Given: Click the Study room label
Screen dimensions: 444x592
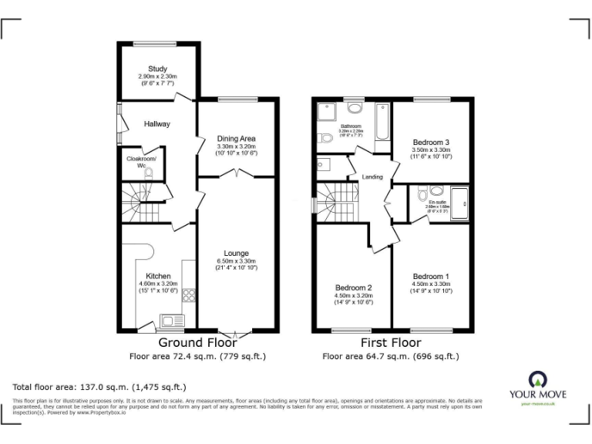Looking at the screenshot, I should coord(157,69).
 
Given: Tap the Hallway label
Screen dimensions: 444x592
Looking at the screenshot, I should coord(157,123).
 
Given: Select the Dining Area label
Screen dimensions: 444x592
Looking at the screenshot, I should coord(236,138).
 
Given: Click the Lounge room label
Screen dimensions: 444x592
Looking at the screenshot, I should coord(236,253).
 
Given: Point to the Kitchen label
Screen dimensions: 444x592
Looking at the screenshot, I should coord(158,275).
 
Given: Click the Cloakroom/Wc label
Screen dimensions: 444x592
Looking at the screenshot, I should coord(141,162).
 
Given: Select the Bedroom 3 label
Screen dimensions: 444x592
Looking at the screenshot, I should coord(431,142).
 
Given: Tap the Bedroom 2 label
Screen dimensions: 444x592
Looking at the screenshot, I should coord(353,288).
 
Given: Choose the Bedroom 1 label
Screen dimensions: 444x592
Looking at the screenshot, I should coord(431,276).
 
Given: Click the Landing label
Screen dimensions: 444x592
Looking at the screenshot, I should coord(372,177).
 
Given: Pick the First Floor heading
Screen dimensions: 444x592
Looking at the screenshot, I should coord(390,342).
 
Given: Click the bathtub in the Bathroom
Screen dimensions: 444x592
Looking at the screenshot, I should coord(382,128).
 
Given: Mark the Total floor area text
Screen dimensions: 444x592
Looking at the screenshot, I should coord(99,387).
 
